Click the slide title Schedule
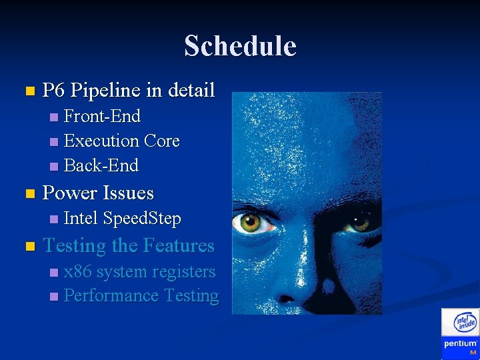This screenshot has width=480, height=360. pyautogui.click(x=240, y=46)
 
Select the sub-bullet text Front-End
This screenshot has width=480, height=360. pyautogui.click(x=102, y=116)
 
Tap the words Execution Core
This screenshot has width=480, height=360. pyautogui.click(x=121, y=141)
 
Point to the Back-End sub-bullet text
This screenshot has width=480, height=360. pyautogui.click(x=101, y=165)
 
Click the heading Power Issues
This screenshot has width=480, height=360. pyautogui.click(x=98, y=193)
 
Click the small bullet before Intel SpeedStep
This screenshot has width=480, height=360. pyautogui.click(x=54, y=219)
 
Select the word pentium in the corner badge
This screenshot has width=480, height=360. pyautogui.click(x=460, y=344)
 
